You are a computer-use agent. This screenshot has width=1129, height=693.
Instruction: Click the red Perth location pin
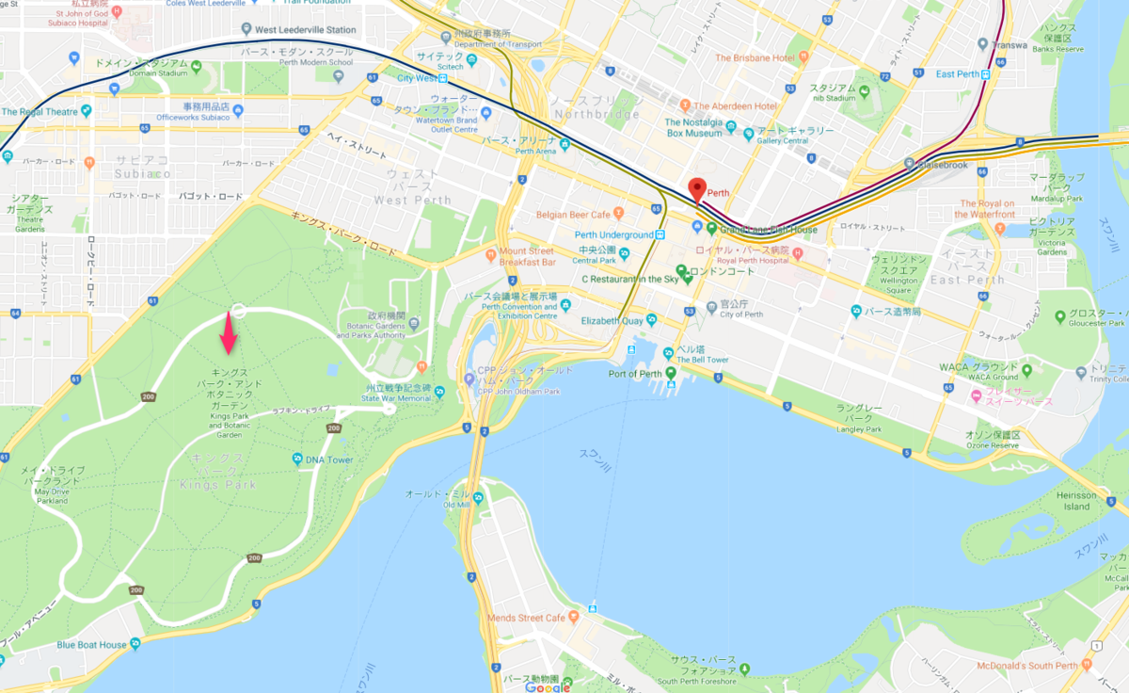696,189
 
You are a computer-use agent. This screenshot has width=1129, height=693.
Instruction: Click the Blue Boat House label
91,645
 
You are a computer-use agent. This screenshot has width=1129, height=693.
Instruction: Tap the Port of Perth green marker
671,374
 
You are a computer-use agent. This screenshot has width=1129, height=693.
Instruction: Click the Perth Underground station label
614,234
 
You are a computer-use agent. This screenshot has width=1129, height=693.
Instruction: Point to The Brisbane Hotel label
755,57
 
